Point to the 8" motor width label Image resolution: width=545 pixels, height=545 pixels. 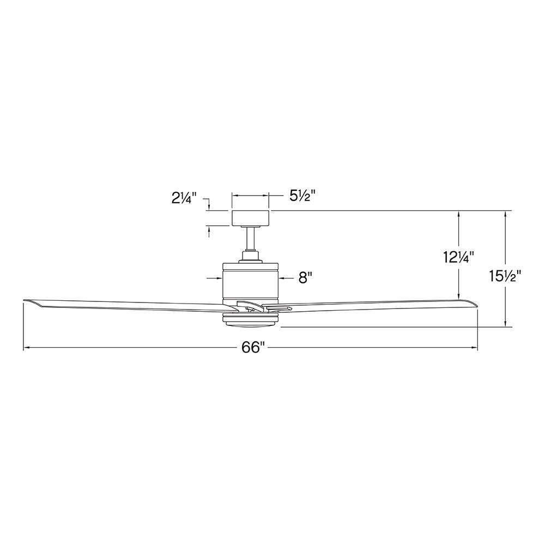[x=305, y=278]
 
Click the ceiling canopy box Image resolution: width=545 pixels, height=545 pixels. [x=251, y=218]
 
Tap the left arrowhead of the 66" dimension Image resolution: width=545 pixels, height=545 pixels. [x=26, y=348]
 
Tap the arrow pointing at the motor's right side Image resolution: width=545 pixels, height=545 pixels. [x=283, y=278]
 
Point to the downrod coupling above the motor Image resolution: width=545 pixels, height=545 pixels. [x=251, y=255]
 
